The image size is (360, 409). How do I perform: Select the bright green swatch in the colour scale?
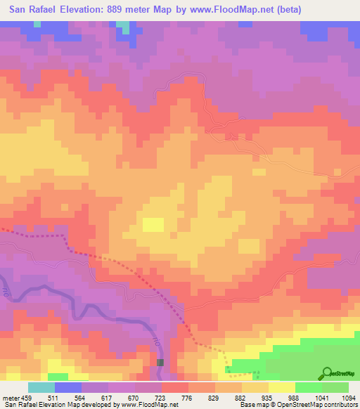click(x=308, y=387)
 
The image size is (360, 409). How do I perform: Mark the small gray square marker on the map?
click(x=160, y=362)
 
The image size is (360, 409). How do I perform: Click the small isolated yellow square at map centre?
click(x=153, y=224)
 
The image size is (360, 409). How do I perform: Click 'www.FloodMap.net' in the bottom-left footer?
click(x=148, y=405)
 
